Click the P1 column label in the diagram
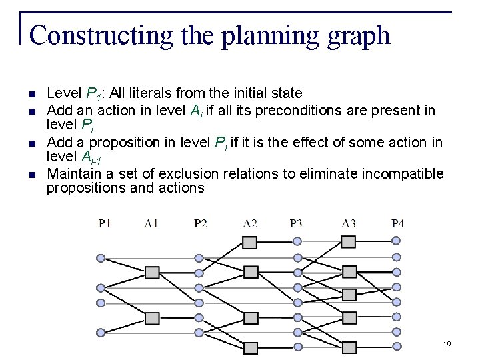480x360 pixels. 105,223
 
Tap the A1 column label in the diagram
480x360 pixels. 151,223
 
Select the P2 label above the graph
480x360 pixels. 200,223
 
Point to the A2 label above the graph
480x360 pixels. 250,223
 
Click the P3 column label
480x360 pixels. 297,223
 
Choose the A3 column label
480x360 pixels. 349,223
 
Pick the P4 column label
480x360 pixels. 397,223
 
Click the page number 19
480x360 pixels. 447,345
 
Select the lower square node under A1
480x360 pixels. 152,317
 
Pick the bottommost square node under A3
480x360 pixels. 349,347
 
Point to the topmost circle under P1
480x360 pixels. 101,258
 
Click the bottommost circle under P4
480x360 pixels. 397,345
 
